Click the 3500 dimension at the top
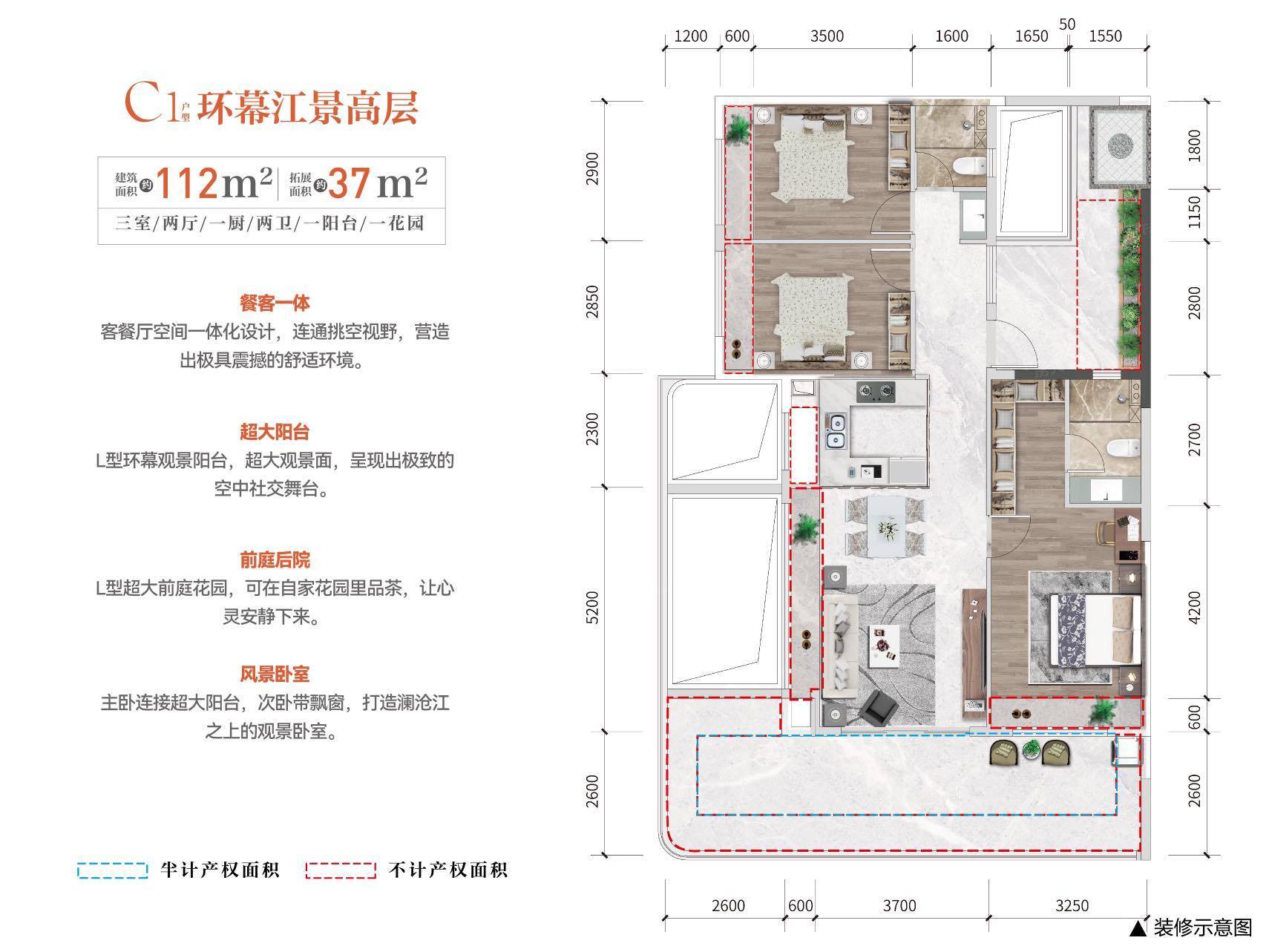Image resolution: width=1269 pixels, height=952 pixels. (x=827, y=36)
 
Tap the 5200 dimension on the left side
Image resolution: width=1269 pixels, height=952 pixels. (x=591, y=608)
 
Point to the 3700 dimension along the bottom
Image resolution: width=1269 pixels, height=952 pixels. (x=900, y=906)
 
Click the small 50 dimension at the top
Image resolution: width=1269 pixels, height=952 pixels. (x=1067, y=24)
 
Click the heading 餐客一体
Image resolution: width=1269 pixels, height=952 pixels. (x=275, y=303)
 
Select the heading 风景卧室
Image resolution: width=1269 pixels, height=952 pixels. (x=275, y=674)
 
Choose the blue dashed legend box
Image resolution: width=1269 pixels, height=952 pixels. (x=112, y=870)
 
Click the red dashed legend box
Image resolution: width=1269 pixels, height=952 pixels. (x=341, y=870)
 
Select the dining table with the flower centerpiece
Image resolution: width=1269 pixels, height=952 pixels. (x=886, y=526)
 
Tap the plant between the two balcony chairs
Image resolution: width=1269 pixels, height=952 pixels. (x=1031, y=750)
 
